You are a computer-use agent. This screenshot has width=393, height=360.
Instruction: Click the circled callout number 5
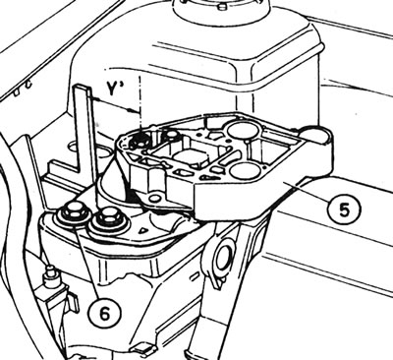[x=344, y=209]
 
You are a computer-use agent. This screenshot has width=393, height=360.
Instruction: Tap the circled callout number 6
[x=104, y=314]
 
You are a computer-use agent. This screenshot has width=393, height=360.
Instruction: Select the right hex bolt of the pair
[x=107, y=219]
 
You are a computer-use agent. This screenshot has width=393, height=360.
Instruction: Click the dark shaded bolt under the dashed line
[x=140, y=141]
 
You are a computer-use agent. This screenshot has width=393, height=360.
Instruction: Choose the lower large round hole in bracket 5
[x=245, y=170]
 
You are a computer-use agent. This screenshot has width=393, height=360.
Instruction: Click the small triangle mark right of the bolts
[x=141, y=231]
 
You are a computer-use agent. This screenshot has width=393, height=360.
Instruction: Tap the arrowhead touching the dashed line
[x=135, y=110]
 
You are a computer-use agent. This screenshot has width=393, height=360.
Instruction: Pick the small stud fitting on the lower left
[x=50, y=273]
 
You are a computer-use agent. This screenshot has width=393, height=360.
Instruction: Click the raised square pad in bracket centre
[x=191, y=157]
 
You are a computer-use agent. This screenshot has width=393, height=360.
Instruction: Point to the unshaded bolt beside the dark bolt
[x=170, y=135]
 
